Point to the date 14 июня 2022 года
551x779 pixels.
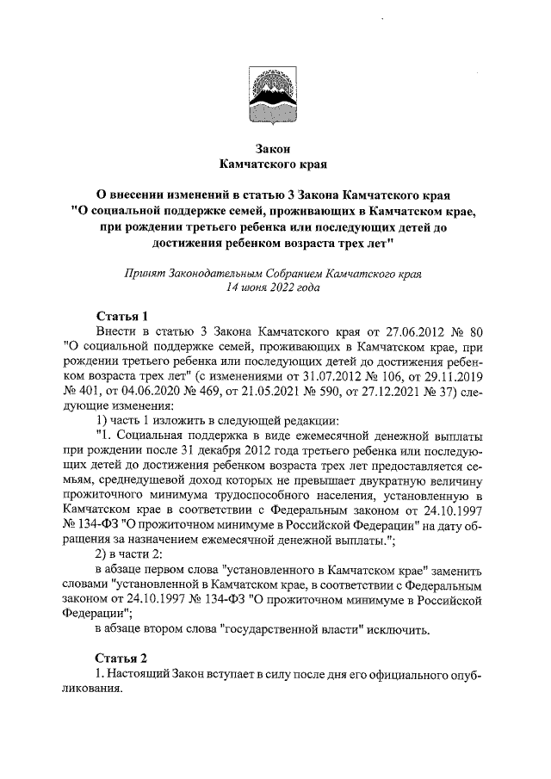click(x=272, y=288)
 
